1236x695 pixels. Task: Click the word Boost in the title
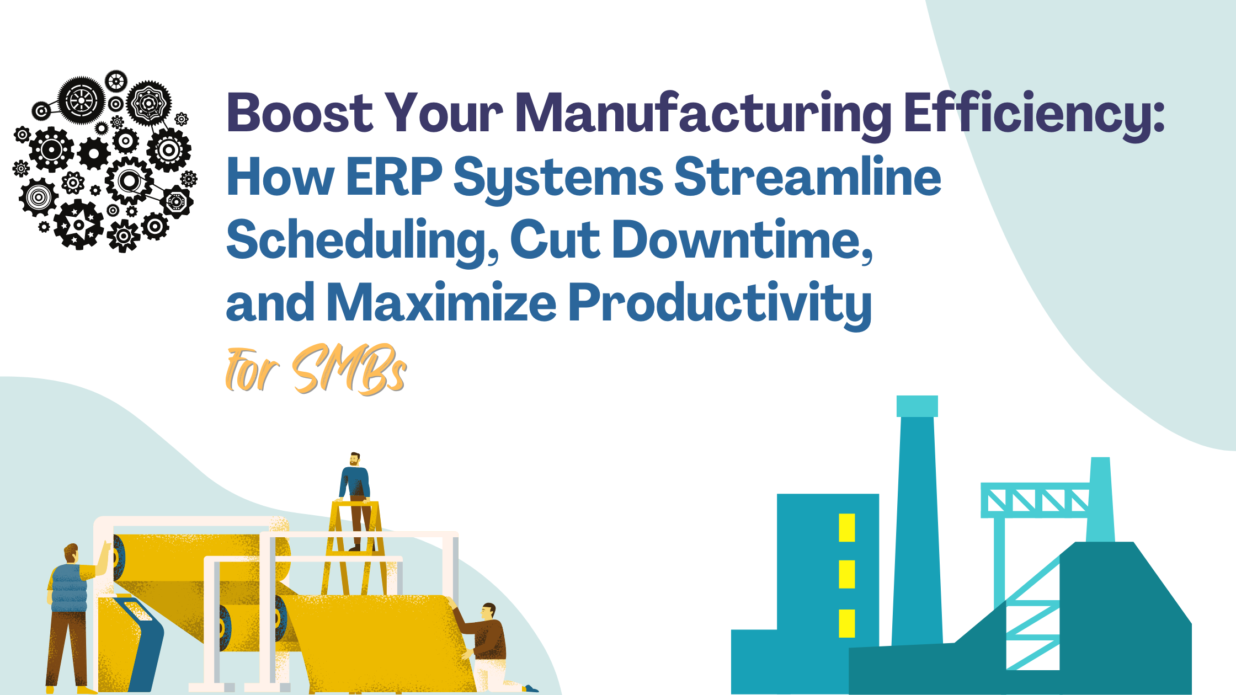tap(300, 113)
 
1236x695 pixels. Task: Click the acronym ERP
tap(395, 177)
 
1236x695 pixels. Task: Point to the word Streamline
tap(807, 177)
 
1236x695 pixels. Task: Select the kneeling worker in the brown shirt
tap(486, 640)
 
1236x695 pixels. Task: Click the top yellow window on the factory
tap(846, 527)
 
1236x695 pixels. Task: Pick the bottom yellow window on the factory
tap(846, 623)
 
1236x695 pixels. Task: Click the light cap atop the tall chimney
tap(917, 406)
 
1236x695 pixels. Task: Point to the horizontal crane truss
tap(1035, 500)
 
